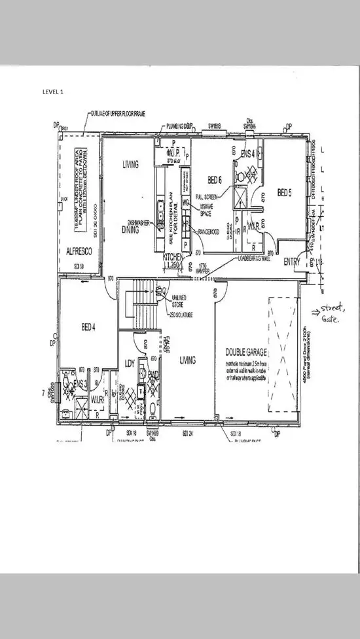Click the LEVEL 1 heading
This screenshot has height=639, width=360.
coord(53,92)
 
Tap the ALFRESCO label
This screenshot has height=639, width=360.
coord(77,250)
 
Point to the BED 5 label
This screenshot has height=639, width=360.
coord(283,192)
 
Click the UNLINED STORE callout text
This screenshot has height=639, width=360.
coord(179,302)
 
